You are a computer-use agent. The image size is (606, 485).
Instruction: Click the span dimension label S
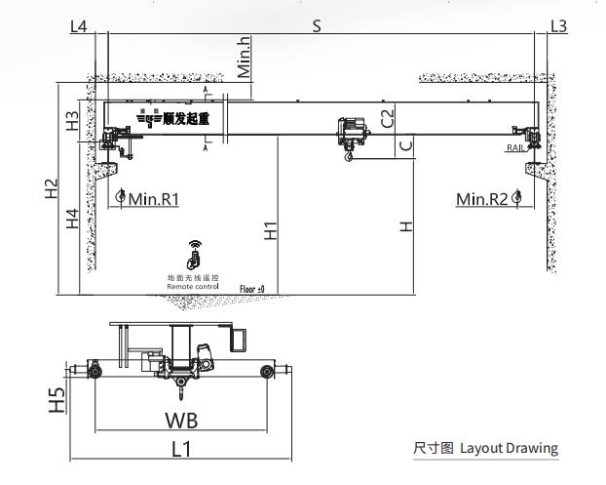tap(317, 25)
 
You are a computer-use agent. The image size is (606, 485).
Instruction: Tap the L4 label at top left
tap(79, 26)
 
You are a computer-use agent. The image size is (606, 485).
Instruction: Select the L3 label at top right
tap(558, 26)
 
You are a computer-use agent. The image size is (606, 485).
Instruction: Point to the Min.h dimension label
tap(245, 57)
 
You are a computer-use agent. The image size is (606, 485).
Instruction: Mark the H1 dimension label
tap(271, 230)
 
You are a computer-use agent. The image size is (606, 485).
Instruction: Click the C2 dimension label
tap(387, 119)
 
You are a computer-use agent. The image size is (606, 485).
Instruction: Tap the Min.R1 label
tap(153, 199)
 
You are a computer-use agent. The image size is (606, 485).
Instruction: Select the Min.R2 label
tap(482, 199)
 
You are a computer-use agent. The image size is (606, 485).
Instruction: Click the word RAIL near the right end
tap(515, 148)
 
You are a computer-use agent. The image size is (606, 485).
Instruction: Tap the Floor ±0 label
tap(252, 289)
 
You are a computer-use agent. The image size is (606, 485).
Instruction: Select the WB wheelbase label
tap(181, 421)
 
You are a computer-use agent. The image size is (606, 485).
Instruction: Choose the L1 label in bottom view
tap(181, 449)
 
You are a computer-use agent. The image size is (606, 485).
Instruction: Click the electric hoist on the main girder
tap(347, 136)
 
